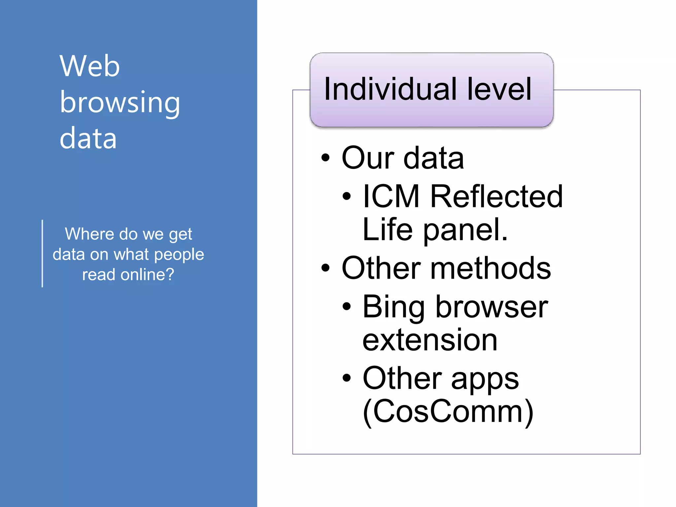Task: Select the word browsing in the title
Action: pyautogui.click(x=120, y=103)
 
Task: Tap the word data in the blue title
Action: pyautogui.click(x=88, y=139)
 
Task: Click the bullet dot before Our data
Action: pyautogui.click(x=325, y=158)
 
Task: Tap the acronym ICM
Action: pyautogui.click(x=391, y=196)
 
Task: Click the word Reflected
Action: pyautogui.click(x=496, y=196)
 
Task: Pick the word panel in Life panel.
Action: pyautogui.click(x=465, y=230)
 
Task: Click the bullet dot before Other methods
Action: pyautogui.click(x=325, y=268)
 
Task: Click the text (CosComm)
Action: pyautogui.click(x=448, y=411)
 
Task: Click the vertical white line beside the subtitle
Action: pyautogui.click(x=43, y=253)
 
